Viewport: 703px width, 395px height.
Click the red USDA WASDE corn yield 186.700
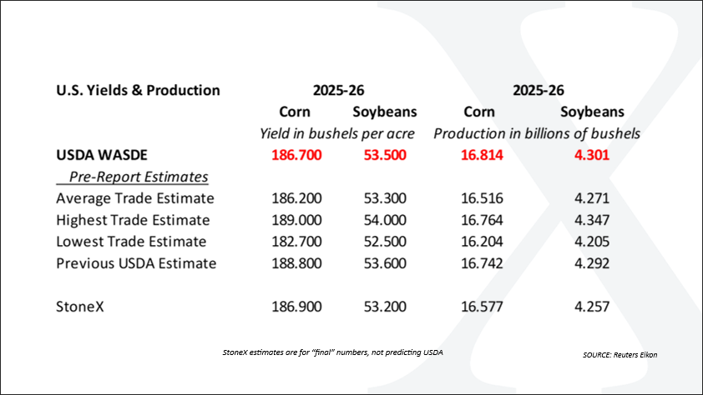[296, 155]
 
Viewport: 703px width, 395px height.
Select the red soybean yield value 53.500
[385, 155]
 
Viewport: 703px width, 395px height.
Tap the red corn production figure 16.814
[482, 155]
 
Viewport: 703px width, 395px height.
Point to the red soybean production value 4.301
[592, 155]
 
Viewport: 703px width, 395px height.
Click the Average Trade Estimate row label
[135, 198]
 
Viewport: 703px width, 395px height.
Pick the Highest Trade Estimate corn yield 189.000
[296, 220]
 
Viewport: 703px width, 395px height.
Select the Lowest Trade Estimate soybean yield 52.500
[385, 242]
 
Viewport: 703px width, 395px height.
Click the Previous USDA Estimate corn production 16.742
[482, 263]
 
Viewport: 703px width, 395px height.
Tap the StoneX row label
[80, 307]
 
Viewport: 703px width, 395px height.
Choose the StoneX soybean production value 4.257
[592, 307]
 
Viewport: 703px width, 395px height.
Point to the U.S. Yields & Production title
[138, 90]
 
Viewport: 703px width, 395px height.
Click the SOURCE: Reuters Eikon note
[620, 355]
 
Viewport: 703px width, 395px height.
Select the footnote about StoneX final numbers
[332, 352]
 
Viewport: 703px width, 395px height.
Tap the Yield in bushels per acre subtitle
[337, 134]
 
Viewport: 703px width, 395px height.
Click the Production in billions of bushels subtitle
[537, 134]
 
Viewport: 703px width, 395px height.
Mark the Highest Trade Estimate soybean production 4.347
[592, 220]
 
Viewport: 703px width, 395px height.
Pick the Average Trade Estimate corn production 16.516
[482, 198]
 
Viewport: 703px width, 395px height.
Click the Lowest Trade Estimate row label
[131, 242]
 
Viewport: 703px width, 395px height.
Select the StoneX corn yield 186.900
[296, 307]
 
